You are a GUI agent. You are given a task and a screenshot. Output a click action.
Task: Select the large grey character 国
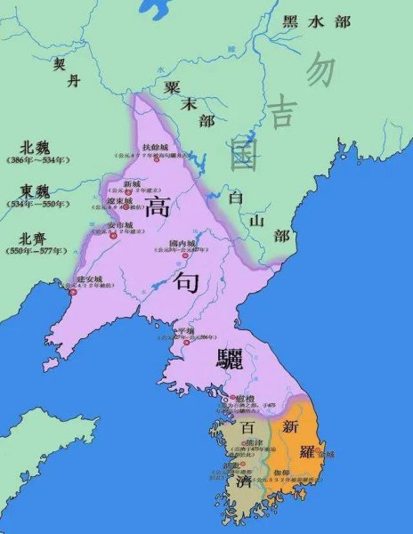coord(243,151)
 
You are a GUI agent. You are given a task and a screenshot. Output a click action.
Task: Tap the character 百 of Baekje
coord(248,430)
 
